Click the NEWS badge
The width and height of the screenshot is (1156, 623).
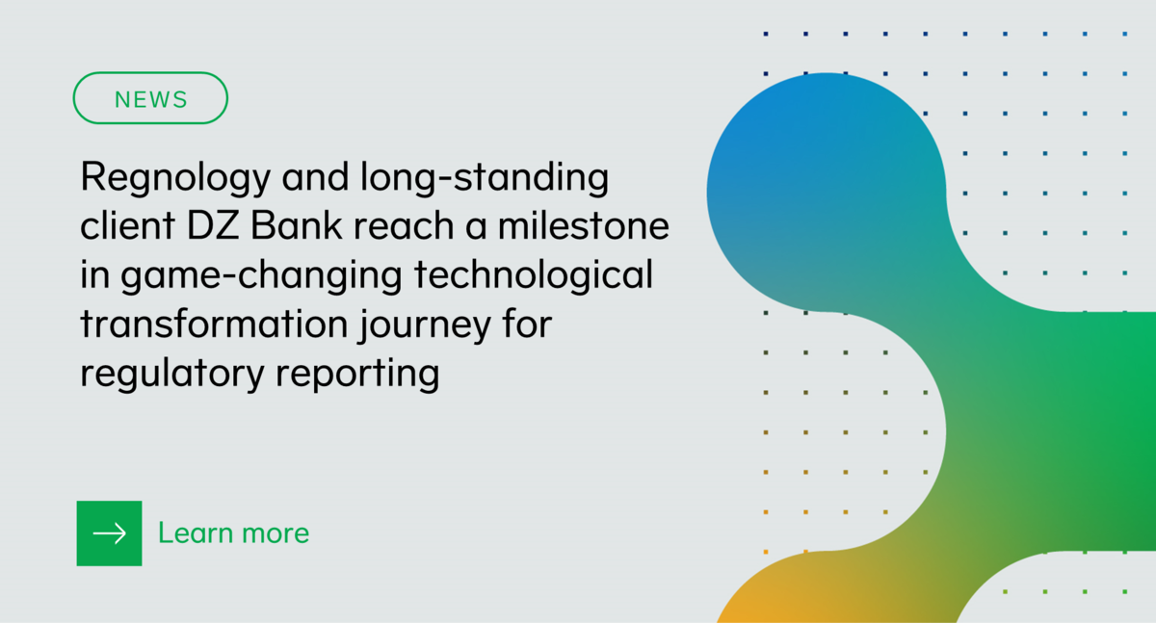pos(150,98)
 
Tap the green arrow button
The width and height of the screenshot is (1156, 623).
pos(109,533)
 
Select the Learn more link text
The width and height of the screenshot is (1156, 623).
pos(233,533)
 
